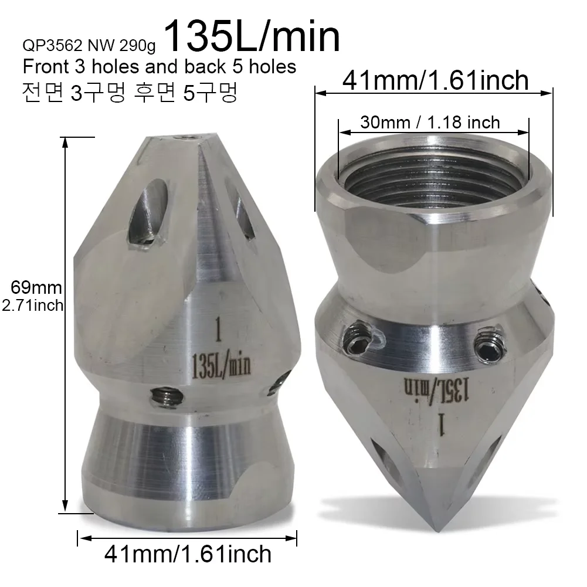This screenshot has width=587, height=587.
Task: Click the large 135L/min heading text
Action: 252,36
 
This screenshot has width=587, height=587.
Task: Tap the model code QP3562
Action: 52,45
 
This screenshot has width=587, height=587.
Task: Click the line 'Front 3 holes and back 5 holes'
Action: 159,67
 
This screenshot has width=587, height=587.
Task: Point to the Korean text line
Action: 130,92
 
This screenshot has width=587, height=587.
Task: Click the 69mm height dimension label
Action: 36,287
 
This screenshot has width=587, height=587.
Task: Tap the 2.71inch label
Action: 33,306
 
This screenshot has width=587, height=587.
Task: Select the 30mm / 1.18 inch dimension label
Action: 430,123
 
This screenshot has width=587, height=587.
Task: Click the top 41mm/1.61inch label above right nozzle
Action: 435,80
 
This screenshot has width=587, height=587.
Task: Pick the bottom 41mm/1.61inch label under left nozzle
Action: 188,554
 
